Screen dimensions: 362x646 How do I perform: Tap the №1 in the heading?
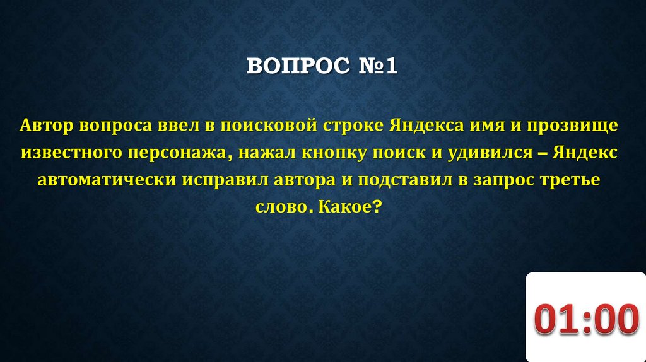(x=376, y=66)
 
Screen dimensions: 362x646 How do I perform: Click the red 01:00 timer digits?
(x=584, y=320)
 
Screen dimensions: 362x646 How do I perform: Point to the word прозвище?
(x=572, y=125)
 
